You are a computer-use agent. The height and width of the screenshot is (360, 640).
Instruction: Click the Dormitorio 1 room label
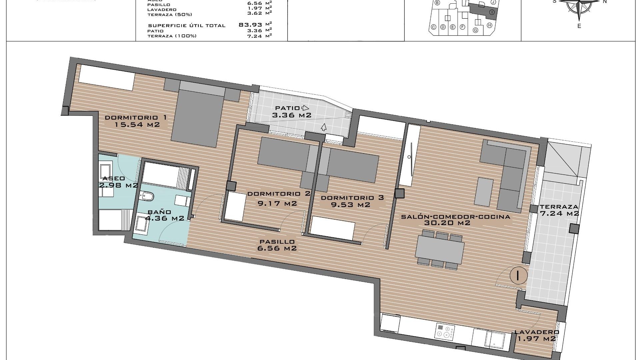tap(136, 118)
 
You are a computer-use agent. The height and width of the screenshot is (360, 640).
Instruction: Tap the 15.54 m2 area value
tap(137, 125)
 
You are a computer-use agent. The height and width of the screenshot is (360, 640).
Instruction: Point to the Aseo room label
tap(114, 179)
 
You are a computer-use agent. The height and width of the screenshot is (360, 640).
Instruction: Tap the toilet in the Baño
tap(147, 196)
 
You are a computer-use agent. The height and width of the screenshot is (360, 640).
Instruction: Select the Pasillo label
tap(277, 242)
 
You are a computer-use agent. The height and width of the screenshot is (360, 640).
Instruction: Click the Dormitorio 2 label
tap(279, 194)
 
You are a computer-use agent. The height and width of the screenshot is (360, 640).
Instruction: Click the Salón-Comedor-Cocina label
tap(456, 217)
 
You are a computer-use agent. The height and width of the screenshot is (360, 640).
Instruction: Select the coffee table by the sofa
tap(484, 191)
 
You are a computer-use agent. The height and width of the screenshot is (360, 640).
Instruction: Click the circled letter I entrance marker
tap(518, 275)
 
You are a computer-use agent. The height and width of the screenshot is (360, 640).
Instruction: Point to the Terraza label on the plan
tap(559, 207)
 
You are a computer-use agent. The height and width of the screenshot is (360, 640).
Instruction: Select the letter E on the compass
tap(579, 26)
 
